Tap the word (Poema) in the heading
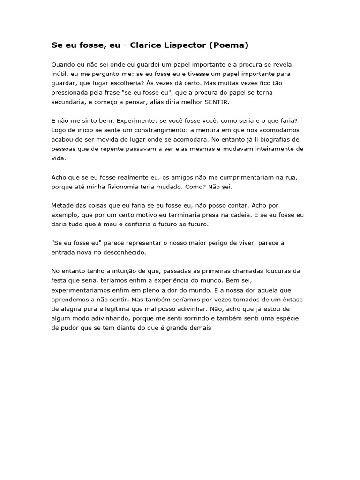[x=229, y=45]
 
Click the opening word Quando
[x=63, y=64]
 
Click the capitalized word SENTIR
[x=218, y=102]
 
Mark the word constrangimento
[x=150, y=130]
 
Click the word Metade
[x=62, y=206]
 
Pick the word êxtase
[x=292, y=309]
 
